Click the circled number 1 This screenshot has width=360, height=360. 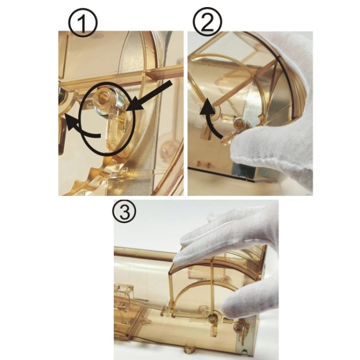(83, 22)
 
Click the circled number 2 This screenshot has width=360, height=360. (207, 22)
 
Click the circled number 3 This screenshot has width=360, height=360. (124, 212)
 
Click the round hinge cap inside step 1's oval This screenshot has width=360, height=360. (103, 97)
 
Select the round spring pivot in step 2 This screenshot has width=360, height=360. (240, 123)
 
